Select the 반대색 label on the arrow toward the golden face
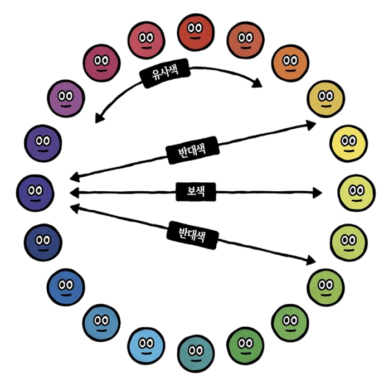pyautogui.click(x=191, y=148)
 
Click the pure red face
pyautogui.click(x=195, y=31)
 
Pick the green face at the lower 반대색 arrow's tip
pyautogui.click(x=326, y=285)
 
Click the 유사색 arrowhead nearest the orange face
pyautogui.click(x=258, y=84)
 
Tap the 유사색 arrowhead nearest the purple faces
pyautogui.click(x=98, y=118)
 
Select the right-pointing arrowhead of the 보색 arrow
pyautogui.click(x=318, y=193)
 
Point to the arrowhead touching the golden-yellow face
pyautogui.click(x=312, y=124)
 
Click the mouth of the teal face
pyautogui.click(x=194, y=359)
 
